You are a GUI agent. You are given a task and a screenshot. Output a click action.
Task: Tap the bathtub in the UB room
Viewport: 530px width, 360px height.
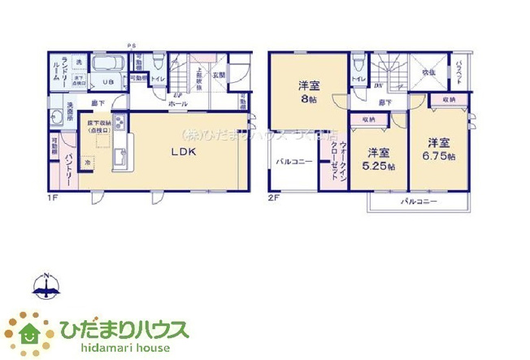coord(106,64)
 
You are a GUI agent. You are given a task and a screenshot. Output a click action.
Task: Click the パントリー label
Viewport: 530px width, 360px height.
coord(70,171)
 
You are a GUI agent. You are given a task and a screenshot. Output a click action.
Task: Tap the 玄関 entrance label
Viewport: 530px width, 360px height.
coord(219,76)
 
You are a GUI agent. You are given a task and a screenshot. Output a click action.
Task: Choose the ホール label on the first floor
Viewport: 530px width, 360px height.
coord(178,105)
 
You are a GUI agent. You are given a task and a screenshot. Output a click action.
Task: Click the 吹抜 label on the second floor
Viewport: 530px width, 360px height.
coord(428,72)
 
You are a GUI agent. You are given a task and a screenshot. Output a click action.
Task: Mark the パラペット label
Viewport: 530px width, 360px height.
coord(460,72)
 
